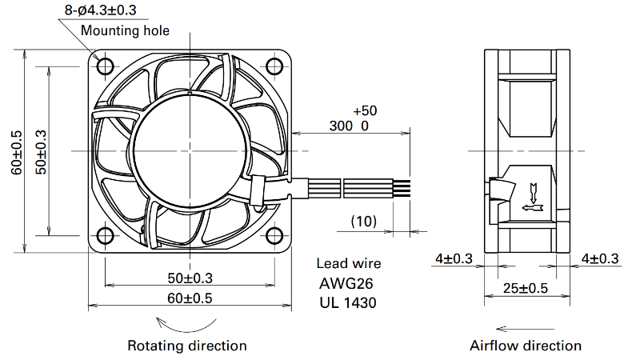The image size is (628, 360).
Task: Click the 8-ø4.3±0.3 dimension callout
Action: point(101,10)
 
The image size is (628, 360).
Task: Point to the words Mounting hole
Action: point(125,30)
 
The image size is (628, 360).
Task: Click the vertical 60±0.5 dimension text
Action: point(17,153)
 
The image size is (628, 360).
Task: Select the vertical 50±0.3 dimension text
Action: point(42,153)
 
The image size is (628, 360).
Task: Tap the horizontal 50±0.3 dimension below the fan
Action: point(190,278)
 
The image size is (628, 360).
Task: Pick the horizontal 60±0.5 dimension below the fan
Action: point(190,298)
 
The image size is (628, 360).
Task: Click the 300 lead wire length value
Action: point(341,126)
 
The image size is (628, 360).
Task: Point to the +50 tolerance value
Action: point(366,110)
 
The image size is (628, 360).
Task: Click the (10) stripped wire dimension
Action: point(364,221)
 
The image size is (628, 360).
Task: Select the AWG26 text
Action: point(346,283)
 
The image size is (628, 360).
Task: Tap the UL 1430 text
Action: point(348,302)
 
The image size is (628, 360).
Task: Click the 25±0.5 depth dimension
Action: point(526,288)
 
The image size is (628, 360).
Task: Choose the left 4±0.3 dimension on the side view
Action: point(454,258)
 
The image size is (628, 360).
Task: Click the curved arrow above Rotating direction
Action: point(186,325)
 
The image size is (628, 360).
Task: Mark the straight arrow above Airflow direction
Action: point(525,329)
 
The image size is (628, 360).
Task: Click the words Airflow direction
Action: point(526,346)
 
